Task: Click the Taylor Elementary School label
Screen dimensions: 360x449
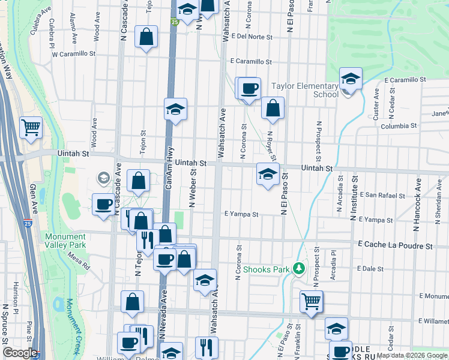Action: tap(305, 90)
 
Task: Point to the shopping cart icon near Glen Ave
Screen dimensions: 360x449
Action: tap(31, 127)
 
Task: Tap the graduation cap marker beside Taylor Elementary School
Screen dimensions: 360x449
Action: tap(351, 79)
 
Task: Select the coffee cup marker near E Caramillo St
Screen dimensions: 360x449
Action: tap(249, 88)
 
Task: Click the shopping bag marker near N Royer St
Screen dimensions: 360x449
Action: tap(273, 108)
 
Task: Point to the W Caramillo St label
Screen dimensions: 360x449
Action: tap(74, 54)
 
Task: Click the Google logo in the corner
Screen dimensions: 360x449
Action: tap(20, 353)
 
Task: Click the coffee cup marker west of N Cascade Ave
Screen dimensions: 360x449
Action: tap(103, 205)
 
